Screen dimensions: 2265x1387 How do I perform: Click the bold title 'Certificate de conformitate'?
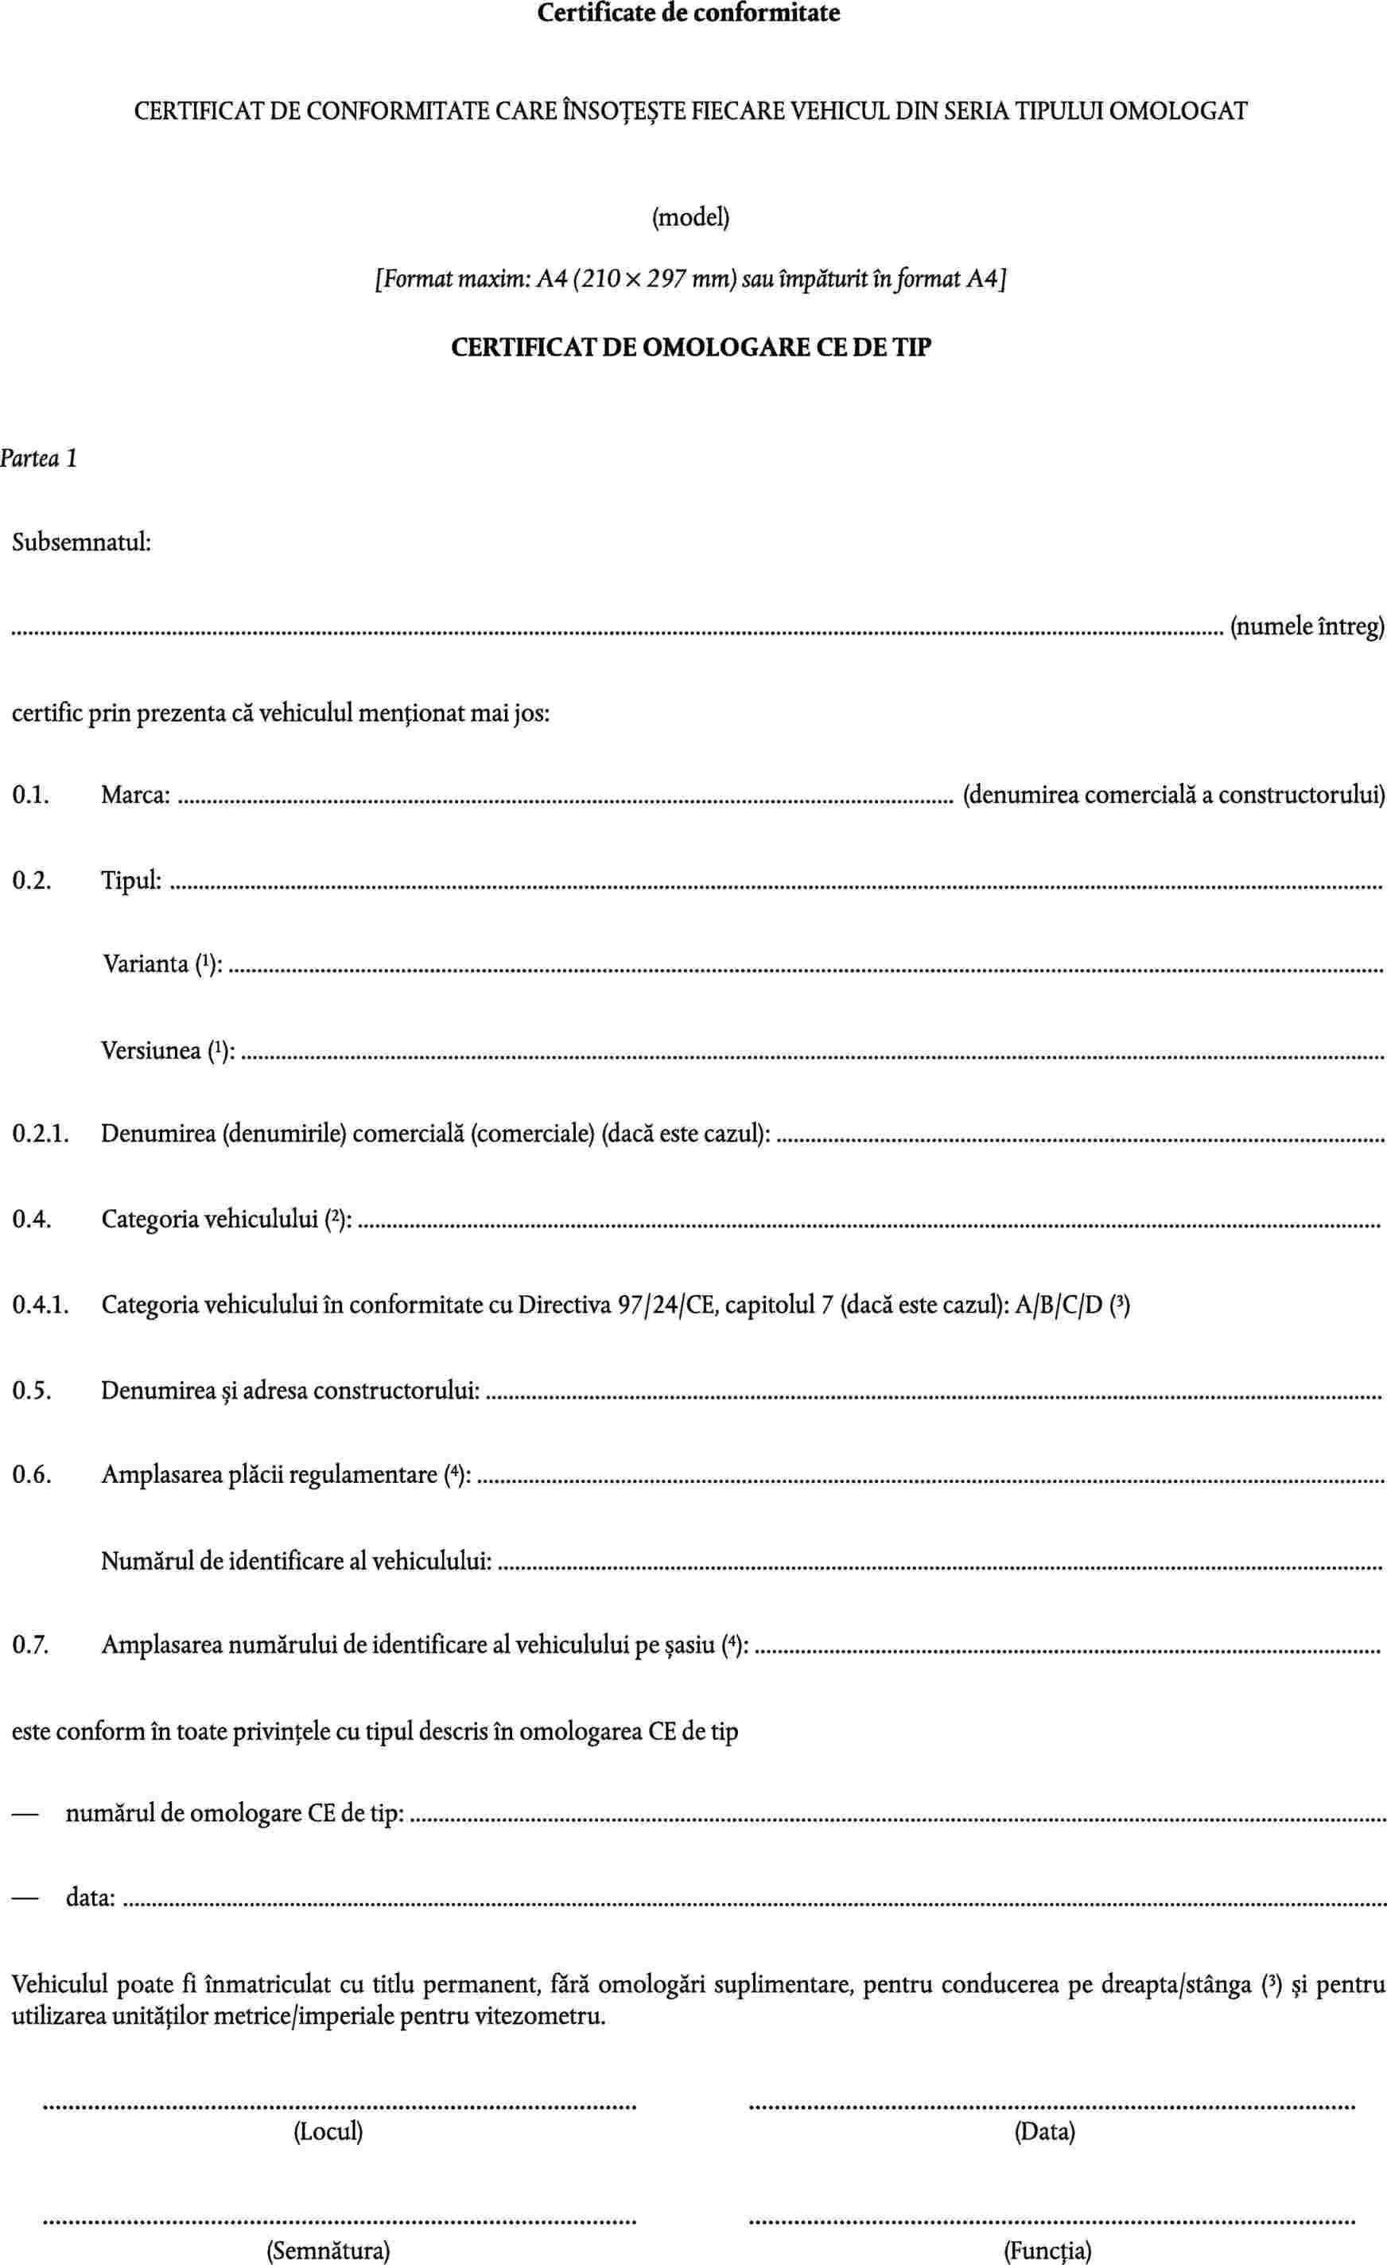pos(689,14)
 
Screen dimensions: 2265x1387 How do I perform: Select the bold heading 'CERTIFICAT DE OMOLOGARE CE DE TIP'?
pos(691,348)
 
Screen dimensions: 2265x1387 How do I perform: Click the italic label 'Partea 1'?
pos(39,457)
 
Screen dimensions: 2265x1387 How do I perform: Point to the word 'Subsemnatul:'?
pos(81,543)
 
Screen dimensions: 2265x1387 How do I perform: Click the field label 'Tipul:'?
pos(131,880)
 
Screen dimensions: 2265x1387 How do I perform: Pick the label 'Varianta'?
pos(146,964)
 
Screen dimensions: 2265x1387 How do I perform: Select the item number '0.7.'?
pos(29,1644)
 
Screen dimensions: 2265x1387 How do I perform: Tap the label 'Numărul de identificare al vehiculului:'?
pos(296,1560)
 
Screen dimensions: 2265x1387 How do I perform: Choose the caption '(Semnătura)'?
pos(328,2243)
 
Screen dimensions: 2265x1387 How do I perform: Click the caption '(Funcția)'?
pos(1047,2243)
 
